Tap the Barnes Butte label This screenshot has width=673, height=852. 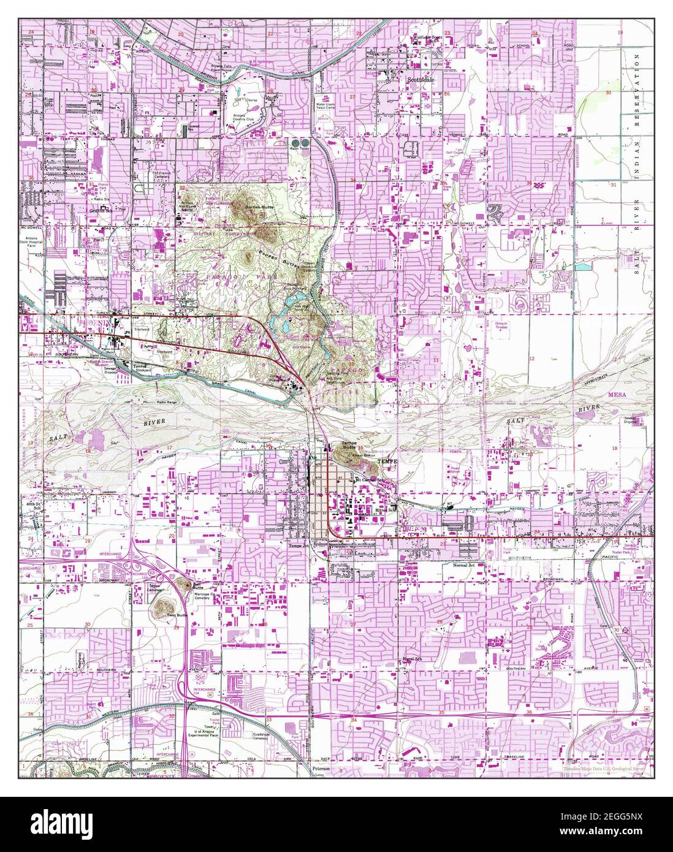(259, 208)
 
